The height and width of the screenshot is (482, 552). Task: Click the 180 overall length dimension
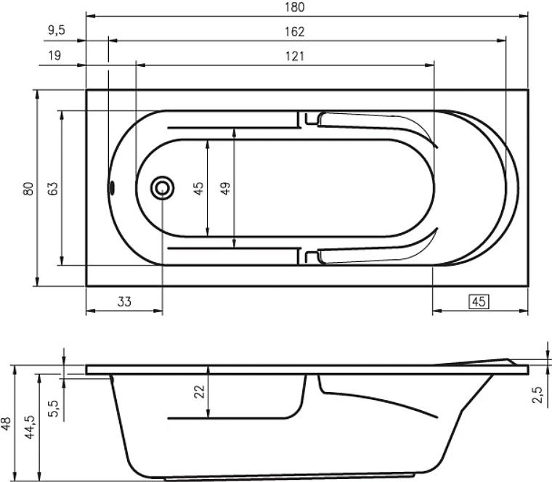[x=295, y=7]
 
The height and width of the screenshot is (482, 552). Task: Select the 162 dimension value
[x=295, y=32]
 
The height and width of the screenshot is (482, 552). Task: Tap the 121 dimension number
[x=295, y=57]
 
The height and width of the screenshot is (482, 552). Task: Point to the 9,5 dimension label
[x=57, y=30]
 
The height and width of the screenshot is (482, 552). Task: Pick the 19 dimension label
[x=54, y=56]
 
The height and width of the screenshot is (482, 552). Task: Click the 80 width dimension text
[x=28, y=189]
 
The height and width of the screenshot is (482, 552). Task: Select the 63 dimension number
[x=52, y=189]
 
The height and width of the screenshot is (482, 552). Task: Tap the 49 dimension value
[x=225, y=188]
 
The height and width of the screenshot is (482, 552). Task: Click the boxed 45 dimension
[x=479, y=301]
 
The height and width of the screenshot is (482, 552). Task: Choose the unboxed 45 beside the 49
[x=198, y=188]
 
